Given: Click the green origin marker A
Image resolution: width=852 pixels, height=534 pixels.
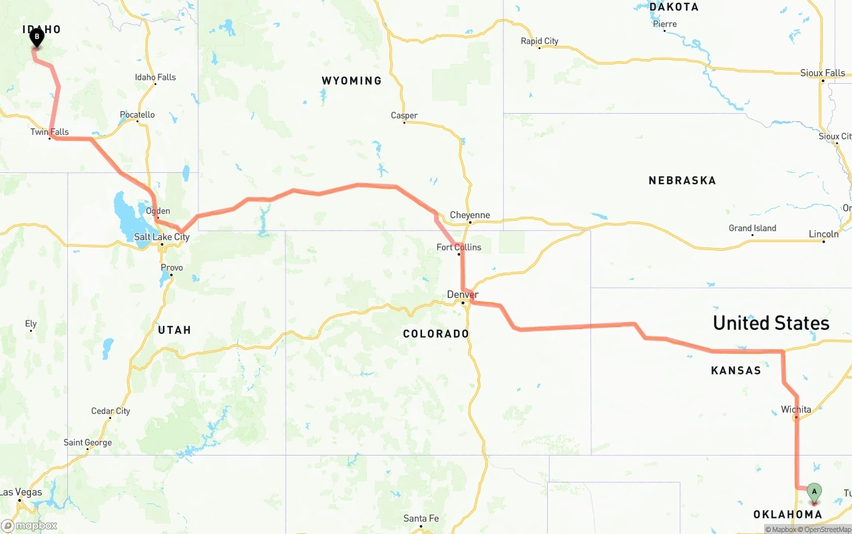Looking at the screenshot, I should tap(813, 493).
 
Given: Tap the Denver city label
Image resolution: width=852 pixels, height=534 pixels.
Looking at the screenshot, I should tap(463, 295).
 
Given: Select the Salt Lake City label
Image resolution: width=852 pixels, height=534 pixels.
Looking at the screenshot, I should tap(162, 237).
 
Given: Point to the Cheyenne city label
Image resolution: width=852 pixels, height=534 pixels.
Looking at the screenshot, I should tap(470, 215).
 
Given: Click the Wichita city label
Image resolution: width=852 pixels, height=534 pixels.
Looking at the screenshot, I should tap(796, 409).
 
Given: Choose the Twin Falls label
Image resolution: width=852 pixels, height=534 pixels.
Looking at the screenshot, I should tap(49, 132).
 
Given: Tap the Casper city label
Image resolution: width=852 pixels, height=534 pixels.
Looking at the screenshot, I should tap(404, 116).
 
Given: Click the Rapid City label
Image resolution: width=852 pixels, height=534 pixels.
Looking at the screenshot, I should tap(539, 41).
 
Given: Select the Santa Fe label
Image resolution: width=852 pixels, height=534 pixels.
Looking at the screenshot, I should tap(421, 519).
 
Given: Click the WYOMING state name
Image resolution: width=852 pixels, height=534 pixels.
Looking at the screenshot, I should tap(351, 80).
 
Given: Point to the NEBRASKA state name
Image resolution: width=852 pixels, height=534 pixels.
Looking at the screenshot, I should tap(682, 180).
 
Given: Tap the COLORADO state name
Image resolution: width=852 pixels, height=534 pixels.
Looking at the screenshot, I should tap(436, 333).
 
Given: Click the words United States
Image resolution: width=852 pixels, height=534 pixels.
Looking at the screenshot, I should tap(771, 323).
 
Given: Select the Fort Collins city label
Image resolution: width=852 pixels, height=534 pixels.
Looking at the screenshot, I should tap(459, 247).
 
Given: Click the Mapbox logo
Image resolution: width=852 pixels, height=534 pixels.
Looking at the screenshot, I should tap(29, 525).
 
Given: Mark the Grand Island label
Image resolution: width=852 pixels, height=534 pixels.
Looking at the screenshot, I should tap(752, 228).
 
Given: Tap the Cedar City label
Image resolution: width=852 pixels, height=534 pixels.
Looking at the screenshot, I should tap(110, 411).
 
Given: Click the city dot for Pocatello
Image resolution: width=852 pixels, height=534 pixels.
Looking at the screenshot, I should tap(137, 121).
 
